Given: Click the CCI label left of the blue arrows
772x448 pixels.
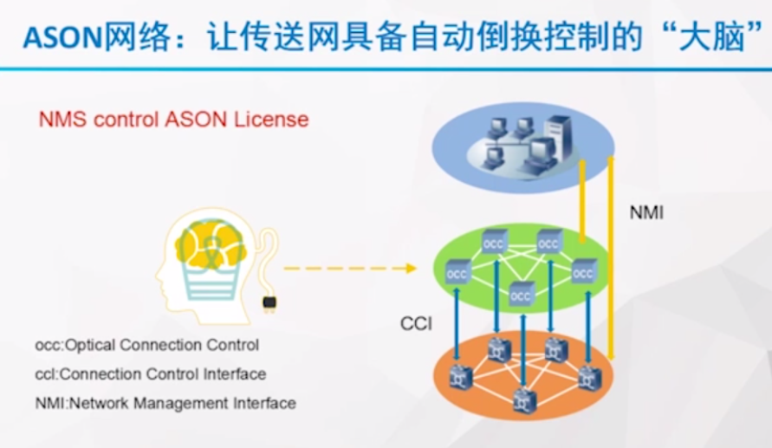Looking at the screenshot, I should point(416,324).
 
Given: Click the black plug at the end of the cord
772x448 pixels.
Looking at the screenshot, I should point(269,302).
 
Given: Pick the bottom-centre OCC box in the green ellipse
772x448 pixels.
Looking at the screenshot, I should point(521,295).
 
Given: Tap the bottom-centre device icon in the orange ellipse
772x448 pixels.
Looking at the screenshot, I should point(521,399).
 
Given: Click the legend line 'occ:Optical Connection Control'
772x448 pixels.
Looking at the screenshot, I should point(146,345).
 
